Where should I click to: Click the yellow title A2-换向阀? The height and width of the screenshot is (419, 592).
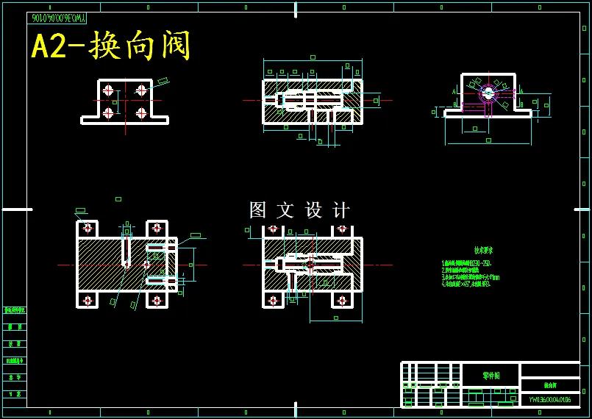111,46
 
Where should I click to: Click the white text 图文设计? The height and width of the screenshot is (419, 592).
299,210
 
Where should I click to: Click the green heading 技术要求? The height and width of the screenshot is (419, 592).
483,251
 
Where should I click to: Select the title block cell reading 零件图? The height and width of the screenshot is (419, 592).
491,375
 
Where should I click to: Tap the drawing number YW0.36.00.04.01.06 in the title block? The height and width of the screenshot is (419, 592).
549,400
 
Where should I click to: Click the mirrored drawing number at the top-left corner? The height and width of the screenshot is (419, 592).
57,18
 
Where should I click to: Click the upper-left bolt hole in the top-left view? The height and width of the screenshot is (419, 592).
108,90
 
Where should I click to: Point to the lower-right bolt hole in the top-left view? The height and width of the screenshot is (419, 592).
141,113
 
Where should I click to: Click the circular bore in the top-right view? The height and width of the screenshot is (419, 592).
488,93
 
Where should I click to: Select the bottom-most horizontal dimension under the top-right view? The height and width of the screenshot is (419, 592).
488,139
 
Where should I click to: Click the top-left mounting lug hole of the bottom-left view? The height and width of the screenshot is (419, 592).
88,228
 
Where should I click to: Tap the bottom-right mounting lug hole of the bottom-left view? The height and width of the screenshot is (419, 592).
157,300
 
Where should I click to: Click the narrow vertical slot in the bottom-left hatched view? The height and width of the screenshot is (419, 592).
126,250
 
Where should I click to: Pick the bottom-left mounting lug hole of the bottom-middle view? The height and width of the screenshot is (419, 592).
273,300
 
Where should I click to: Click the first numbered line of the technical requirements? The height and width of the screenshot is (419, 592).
466,262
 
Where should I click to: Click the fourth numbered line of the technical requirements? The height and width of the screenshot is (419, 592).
466,284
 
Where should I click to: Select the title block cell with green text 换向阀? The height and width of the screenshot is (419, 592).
550,385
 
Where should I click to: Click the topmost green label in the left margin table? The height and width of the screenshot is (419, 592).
14,310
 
